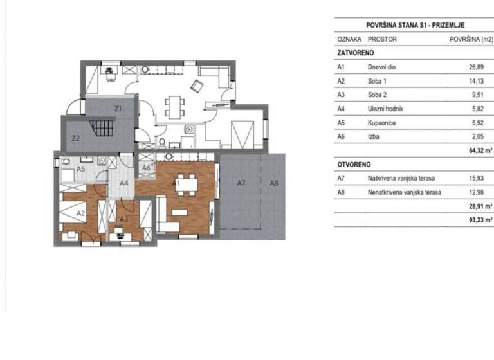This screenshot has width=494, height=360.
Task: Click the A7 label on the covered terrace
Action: click(241, 184)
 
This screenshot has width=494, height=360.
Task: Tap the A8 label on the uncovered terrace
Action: click(273, 184)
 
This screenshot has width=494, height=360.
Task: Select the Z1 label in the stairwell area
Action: click(118, 109)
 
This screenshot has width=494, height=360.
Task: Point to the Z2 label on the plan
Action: click(75, 138)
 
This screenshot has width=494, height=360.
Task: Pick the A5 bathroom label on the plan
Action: click(82, 168)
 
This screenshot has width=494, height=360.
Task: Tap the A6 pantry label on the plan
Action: click(146, 168)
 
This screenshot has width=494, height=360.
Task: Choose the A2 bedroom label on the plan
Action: click(82, 212)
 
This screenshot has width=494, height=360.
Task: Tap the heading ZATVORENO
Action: click(356, 53)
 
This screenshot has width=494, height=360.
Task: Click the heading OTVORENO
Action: click(354, 165)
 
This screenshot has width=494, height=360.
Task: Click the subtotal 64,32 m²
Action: click(480, 151)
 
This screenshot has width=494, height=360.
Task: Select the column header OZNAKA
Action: click(349, 39)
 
